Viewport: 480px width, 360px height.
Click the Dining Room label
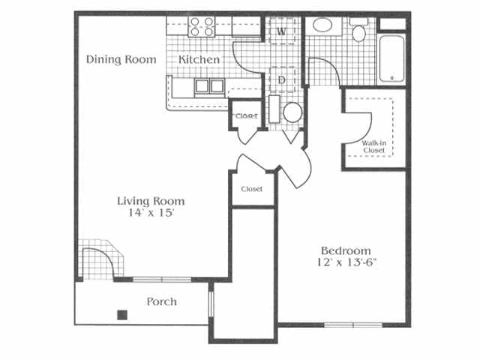click(121, 59)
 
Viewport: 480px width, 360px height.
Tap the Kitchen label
click(199, 59)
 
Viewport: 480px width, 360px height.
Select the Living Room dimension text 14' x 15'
click(151, 212)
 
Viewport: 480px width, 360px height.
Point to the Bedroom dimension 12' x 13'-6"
click(346, 262)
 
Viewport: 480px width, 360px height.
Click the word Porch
click(162, 301)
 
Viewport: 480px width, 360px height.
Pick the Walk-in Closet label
click(373, 147)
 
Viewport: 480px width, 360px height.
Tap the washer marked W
click(282, 31)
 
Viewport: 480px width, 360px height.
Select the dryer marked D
click(282, 79)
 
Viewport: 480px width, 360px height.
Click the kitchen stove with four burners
click(202, 27)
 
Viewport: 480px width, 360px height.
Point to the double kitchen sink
click(210, 86)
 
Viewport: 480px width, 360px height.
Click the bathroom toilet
click(358, 30)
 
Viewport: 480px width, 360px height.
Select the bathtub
click(392, 59)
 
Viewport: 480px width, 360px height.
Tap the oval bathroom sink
click(322, 25)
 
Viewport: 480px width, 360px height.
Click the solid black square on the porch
click(122, 315)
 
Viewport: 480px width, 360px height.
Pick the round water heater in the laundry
click(292, 112)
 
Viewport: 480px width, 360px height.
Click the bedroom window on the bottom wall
click(353, 325)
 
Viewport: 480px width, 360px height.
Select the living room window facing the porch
click(162, 279)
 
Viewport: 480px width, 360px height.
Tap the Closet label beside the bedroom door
click(252, 189)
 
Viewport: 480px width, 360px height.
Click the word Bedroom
click(346, 251)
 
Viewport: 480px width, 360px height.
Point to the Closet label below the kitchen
click(247, 116)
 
